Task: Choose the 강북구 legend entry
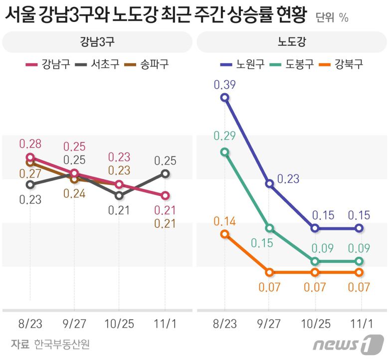(x=342, y=64)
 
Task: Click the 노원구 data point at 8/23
(x=225, y=98)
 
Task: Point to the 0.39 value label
(x=224, y=84)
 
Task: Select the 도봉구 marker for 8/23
(x=225, y=152)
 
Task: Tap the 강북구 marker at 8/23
(x=225, y=234)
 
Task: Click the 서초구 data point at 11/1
(x=165, y=174)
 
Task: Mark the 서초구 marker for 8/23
(x=30, y=184)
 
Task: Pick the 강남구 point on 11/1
(x=165, y=195)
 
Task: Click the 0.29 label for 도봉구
(x=224, y=136)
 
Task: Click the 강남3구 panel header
(x=97, y=42)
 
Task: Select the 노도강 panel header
(x=292, y=42)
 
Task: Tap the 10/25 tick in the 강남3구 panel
(x=119, y=324)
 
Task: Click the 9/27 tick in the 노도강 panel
(x=269, y=324)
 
